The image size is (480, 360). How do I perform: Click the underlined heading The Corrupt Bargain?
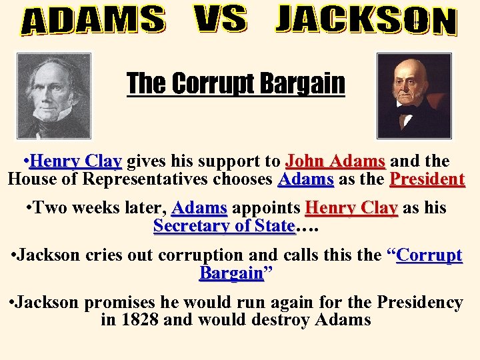236,84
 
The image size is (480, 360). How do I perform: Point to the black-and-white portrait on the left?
53,95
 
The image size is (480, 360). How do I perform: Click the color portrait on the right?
414,95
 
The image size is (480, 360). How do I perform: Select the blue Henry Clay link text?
75,161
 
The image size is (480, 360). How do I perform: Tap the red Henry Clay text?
351,208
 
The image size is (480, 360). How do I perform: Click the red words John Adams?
335,161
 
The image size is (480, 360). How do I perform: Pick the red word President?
427,179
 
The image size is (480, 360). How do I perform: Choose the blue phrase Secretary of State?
224,225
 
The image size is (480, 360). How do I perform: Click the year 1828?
139,319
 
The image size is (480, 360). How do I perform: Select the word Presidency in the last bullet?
419,302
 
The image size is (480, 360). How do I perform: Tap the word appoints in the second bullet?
265,208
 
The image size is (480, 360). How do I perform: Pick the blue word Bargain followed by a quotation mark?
231,273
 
